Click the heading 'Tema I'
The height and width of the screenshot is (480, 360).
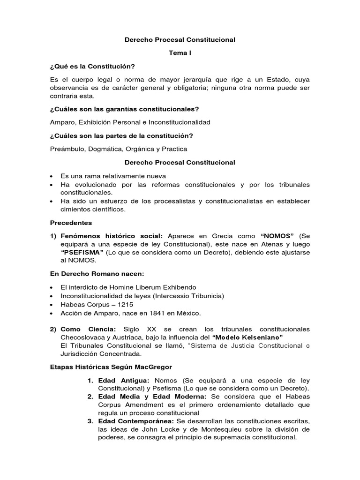tap(180, 53)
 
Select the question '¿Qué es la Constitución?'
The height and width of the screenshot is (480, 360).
tap(92, 66)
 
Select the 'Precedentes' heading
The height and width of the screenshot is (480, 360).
tap(71, 223)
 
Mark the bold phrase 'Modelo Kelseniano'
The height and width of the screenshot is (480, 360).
tap(247, 337)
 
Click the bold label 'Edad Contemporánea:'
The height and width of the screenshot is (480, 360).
tap(136, 421)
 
